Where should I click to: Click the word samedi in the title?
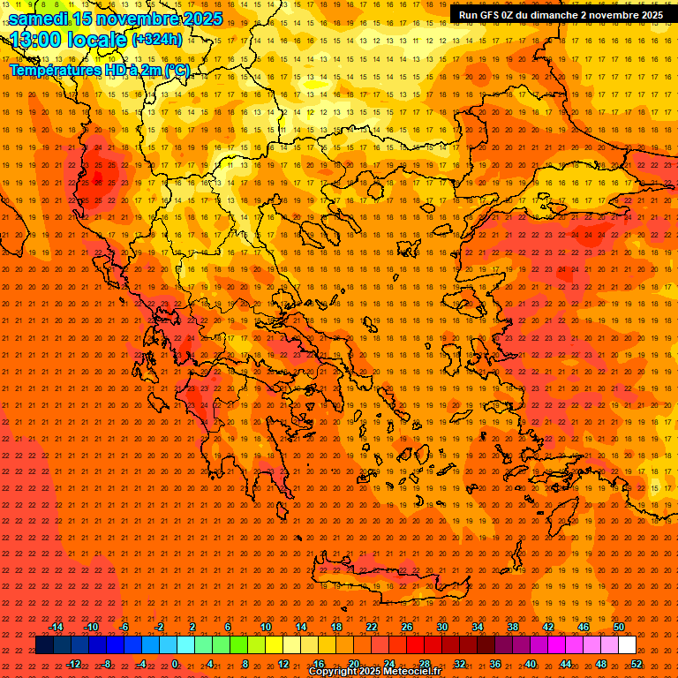coord(41,19)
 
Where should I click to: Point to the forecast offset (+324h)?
coord(157,40)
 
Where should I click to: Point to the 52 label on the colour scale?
coord(637,663)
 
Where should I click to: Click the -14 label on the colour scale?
coord(56,627)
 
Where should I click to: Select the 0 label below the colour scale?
coord(175,663)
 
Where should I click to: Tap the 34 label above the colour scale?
coord(478,627)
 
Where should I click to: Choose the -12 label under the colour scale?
coord(74,663)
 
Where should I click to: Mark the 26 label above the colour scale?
coord(407,627)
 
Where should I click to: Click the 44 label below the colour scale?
coord(566,663)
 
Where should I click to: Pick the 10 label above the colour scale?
coord(266,627)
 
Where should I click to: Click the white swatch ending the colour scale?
coord(627,645)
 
